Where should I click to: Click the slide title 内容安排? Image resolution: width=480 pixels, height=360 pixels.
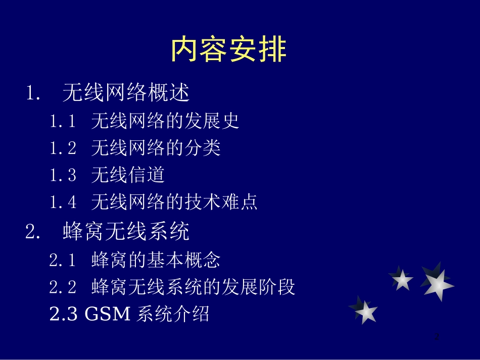(229, 49)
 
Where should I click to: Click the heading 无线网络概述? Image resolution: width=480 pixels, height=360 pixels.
(126, 93)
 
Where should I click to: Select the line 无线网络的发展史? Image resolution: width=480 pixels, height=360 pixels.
(165, 121)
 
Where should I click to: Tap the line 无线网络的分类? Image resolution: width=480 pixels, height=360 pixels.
(156, 148)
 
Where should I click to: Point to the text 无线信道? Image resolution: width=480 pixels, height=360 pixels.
(128, 175)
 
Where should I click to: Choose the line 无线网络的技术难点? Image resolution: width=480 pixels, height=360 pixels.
(174, 202)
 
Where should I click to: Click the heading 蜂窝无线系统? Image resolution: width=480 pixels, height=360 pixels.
(126, 232)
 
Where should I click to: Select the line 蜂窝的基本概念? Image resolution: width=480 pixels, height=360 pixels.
(156, 260)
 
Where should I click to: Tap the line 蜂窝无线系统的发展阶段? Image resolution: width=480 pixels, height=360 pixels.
(193, 287)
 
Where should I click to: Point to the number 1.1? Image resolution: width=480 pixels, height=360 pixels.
(63, 121)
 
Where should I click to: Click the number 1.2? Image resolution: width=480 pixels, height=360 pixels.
(63, 148)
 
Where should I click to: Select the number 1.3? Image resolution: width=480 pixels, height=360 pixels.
(63, 176)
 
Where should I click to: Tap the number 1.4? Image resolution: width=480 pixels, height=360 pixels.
(63, 203)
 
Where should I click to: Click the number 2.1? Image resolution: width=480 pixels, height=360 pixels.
(63, 261)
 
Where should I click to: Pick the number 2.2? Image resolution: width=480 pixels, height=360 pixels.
(63, 288)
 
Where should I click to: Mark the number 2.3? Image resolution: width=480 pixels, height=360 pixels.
(63, 315)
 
